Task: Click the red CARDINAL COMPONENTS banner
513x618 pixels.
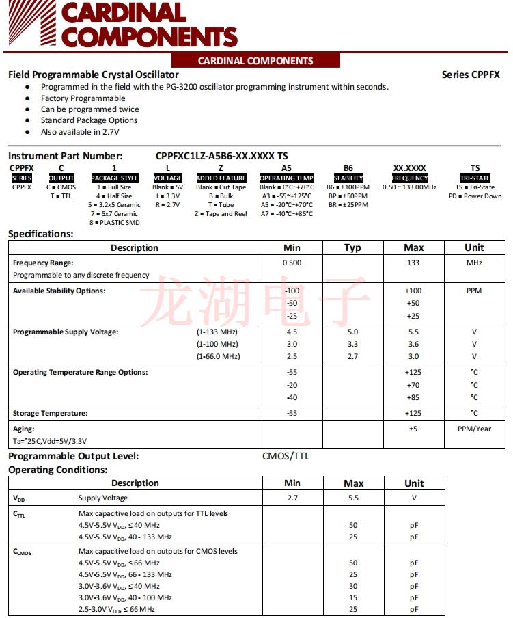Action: (x=255, y=61)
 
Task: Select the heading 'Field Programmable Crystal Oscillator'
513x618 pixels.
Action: (x=94, y=75)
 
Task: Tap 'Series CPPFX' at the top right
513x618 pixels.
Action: (x=471, y=75)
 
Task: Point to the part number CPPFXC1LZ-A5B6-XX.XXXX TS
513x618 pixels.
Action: (x=222, y=156)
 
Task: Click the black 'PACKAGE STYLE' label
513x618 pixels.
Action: (x=115, y=178)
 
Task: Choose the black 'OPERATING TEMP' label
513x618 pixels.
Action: (x=287, y=178)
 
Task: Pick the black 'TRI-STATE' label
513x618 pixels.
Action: (x=475, y=178)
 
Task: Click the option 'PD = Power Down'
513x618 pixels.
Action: (x=475, y=196)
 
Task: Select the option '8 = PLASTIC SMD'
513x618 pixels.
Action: (x=115, y=222)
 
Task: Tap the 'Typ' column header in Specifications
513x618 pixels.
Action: (x=352, y=247)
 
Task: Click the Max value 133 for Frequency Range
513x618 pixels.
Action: (x=413, y=263)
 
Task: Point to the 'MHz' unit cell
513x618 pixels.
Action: (x=474, y=263)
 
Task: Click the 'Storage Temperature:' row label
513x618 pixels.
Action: (x=51, y=413)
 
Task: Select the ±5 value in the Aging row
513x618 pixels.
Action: (x=413, y=429)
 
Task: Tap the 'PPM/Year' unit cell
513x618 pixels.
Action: (x=474, y=429)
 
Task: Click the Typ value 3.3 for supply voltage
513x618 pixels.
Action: (x=352, y=344)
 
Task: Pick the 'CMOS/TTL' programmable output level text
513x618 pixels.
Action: (x=286, y=456)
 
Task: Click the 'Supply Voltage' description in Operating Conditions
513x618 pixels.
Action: (x=103, y=498)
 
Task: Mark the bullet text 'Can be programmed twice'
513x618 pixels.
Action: (x=89, y=109)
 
